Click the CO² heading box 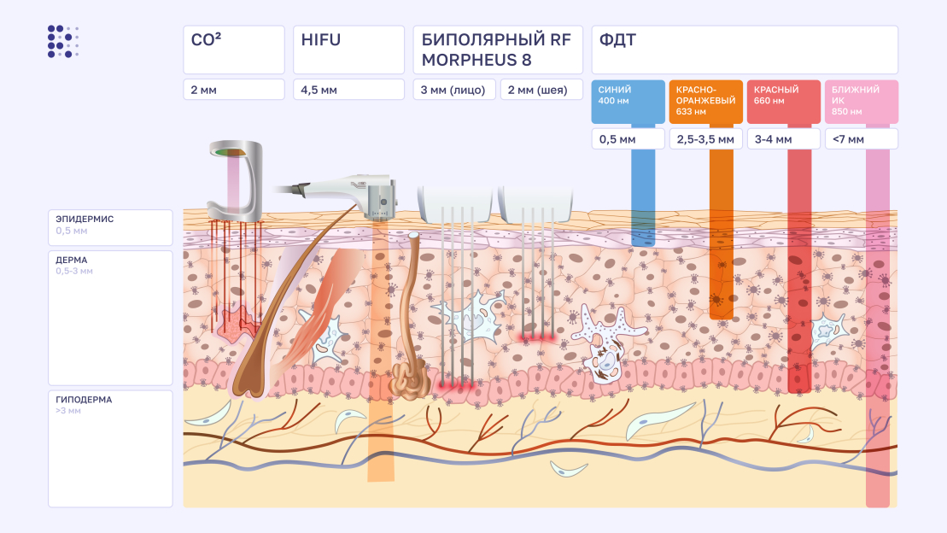(x=233, y=50)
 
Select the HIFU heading (x=348, y=50)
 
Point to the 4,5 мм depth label (x=348, y=90)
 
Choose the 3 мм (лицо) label (x=454, y=90)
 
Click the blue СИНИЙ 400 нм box (x=628, y=102)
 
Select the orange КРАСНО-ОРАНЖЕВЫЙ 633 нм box (x=706, y=102)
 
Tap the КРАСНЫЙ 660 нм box (x=784, y=102)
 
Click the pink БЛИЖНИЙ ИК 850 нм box (x=861, y=102)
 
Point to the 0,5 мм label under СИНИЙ (x=628, y=139)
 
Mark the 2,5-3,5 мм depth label (x=706, y=139)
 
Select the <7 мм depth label (x=861, y=139)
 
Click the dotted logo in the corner (x=63, y=42)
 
